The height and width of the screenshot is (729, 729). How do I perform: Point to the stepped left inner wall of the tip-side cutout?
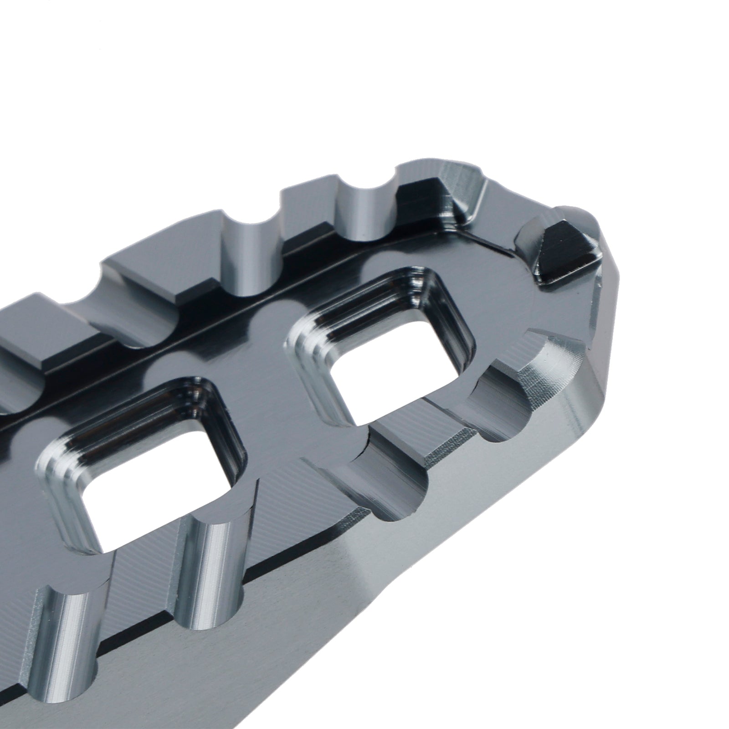point(310,364)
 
